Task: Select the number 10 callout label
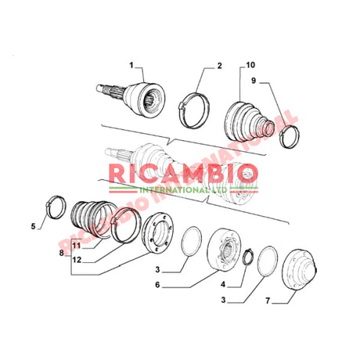pos(250,65)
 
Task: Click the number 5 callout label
pos(34,228)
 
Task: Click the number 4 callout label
pos(225,285)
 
